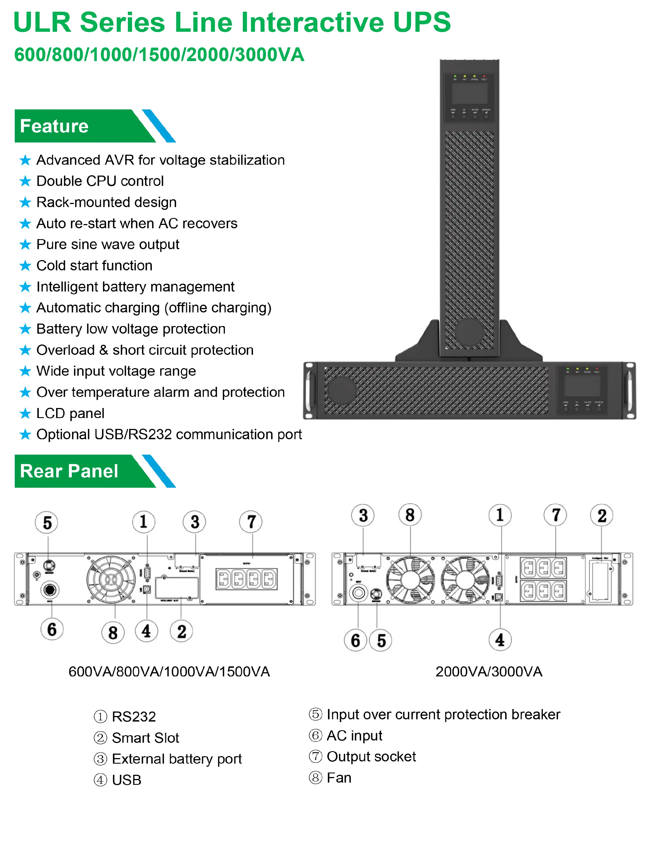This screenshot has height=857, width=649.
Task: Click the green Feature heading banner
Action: [77, 126]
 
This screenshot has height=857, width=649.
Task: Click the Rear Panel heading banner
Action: [77, 471]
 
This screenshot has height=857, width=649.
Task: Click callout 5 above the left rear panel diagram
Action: [47, 522]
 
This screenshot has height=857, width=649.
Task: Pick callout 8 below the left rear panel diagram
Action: [113, 633]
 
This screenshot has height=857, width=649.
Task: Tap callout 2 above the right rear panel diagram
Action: [601, 516]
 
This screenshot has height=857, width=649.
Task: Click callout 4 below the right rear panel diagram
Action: [500, 640]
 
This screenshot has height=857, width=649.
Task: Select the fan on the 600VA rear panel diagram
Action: [111, 580]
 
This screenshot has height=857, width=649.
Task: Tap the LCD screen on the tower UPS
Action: [469, 93]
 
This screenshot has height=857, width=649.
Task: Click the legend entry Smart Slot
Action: [145, 738]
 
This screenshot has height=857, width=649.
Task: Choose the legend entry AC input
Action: [354, 735]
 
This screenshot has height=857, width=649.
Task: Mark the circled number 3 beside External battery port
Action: [100, 759]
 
